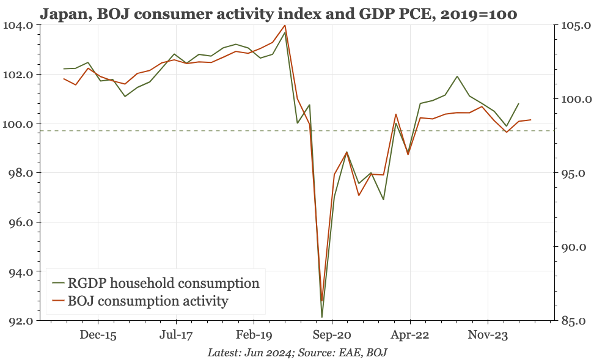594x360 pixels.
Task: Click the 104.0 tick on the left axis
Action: tap(22, 25)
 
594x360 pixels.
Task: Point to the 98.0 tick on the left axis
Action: tap(22, 173)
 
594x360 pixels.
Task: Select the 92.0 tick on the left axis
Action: tap(22, 320)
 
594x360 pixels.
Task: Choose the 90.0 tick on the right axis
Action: tap(573, 247)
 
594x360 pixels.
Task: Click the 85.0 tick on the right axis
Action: tap(573, 320)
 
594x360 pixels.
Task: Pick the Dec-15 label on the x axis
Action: tap(98, 335)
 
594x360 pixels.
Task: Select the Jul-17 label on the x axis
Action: tap(176, 335)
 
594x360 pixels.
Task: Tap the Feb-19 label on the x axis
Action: tap(254, 335)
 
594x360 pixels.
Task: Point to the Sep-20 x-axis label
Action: tap(332, 335)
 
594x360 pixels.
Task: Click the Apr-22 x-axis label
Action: tap(410, 335)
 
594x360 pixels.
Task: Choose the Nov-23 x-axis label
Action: tap(488, 335)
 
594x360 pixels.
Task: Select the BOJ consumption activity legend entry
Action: tap(148, 301)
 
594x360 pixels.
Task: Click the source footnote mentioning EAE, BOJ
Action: tap(297, 353)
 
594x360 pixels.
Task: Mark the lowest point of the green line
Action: tap(321, 317)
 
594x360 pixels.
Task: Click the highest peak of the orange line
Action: tap(285, 25)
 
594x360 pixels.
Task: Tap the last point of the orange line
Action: tap(530, 120)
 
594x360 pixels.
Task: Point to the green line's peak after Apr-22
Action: tap(457, 76)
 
